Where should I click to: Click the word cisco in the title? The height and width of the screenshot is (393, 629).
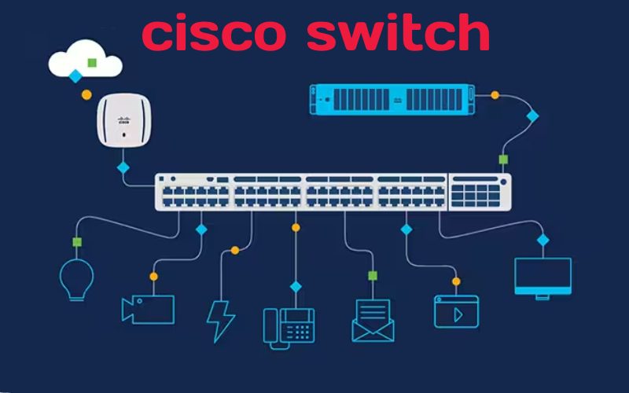(x=215, y=33)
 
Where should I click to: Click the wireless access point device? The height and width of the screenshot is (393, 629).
(x=123, y=120)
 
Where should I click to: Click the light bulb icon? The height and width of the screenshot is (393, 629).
(x=76, y=279)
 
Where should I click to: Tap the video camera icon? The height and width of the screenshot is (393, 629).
(x=147, y=308)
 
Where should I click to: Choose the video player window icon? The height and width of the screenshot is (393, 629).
(x=456, y=310)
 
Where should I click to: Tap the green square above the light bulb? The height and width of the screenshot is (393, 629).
(x=77, y=241)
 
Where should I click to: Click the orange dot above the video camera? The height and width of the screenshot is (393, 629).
(x=153, y=276)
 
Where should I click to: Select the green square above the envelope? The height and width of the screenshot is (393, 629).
(x=373, y=276)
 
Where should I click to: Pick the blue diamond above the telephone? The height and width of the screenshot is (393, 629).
(x=296, y=286)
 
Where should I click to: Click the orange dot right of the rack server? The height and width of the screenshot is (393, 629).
(x=495, y=95)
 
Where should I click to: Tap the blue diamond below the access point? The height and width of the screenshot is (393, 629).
(x=123, y=167)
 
